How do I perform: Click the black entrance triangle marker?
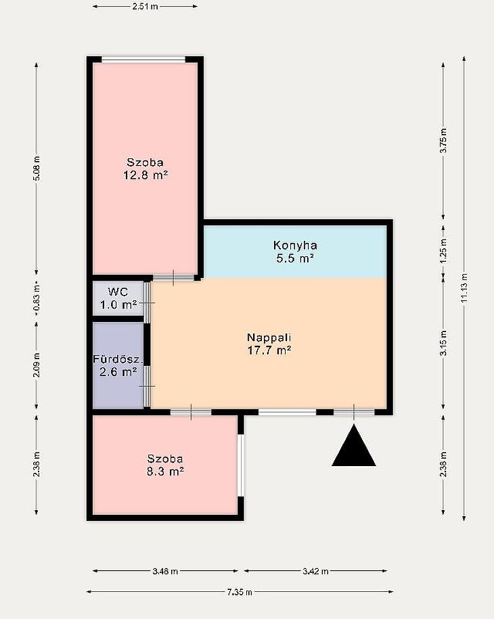pos(354,446)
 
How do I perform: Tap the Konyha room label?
pos(295,252)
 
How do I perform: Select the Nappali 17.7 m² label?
pos(269,344)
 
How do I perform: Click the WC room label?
pos(118,298)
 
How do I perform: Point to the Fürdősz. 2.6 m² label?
pos(118,365)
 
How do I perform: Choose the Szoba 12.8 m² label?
pos(145,168)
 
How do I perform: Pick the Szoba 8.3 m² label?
pos(165,465)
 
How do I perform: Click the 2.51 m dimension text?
pos(145,7)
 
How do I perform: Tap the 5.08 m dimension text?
pos(37,168)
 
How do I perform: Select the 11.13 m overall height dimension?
pos(464,288)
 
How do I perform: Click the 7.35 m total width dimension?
pos(240,592)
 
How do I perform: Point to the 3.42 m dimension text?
pos(315,571)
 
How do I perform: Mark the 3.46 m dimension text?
pos(165,571)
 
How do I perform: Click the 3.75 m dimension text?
pos(443,141)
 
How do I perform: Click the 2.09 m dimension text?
pos(37,365)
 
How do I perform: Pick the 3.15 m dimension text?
pos(443,344)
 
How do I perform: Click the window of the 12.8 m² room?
pos(143,60)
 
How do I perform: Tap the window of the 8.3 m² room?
pos(240,465)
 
